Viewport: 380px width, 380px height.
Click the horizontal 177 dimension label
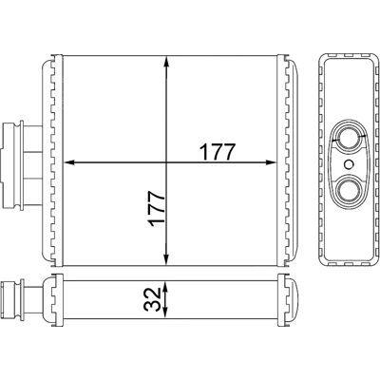pos(218,152)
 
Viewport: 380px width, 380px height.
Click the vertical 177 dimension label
pos(157,209)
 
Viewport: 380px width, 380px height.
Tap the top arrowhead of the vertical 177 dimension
pos(166,62)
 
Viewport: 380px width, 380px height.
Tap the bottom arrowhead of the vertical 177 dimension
pos(166,258)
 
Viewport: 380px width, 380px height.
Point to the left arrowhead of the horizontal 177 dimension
pos(69,162)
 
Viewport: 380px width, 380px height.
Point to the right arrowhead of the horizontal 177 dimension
pos(271,162)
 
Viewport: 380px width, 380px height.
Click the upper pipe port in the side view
pos(349,139)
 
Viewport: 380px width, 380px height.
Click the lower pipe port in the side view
pos(349,190)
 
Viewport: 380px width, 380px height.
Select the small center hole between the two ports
pos(349,164)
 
